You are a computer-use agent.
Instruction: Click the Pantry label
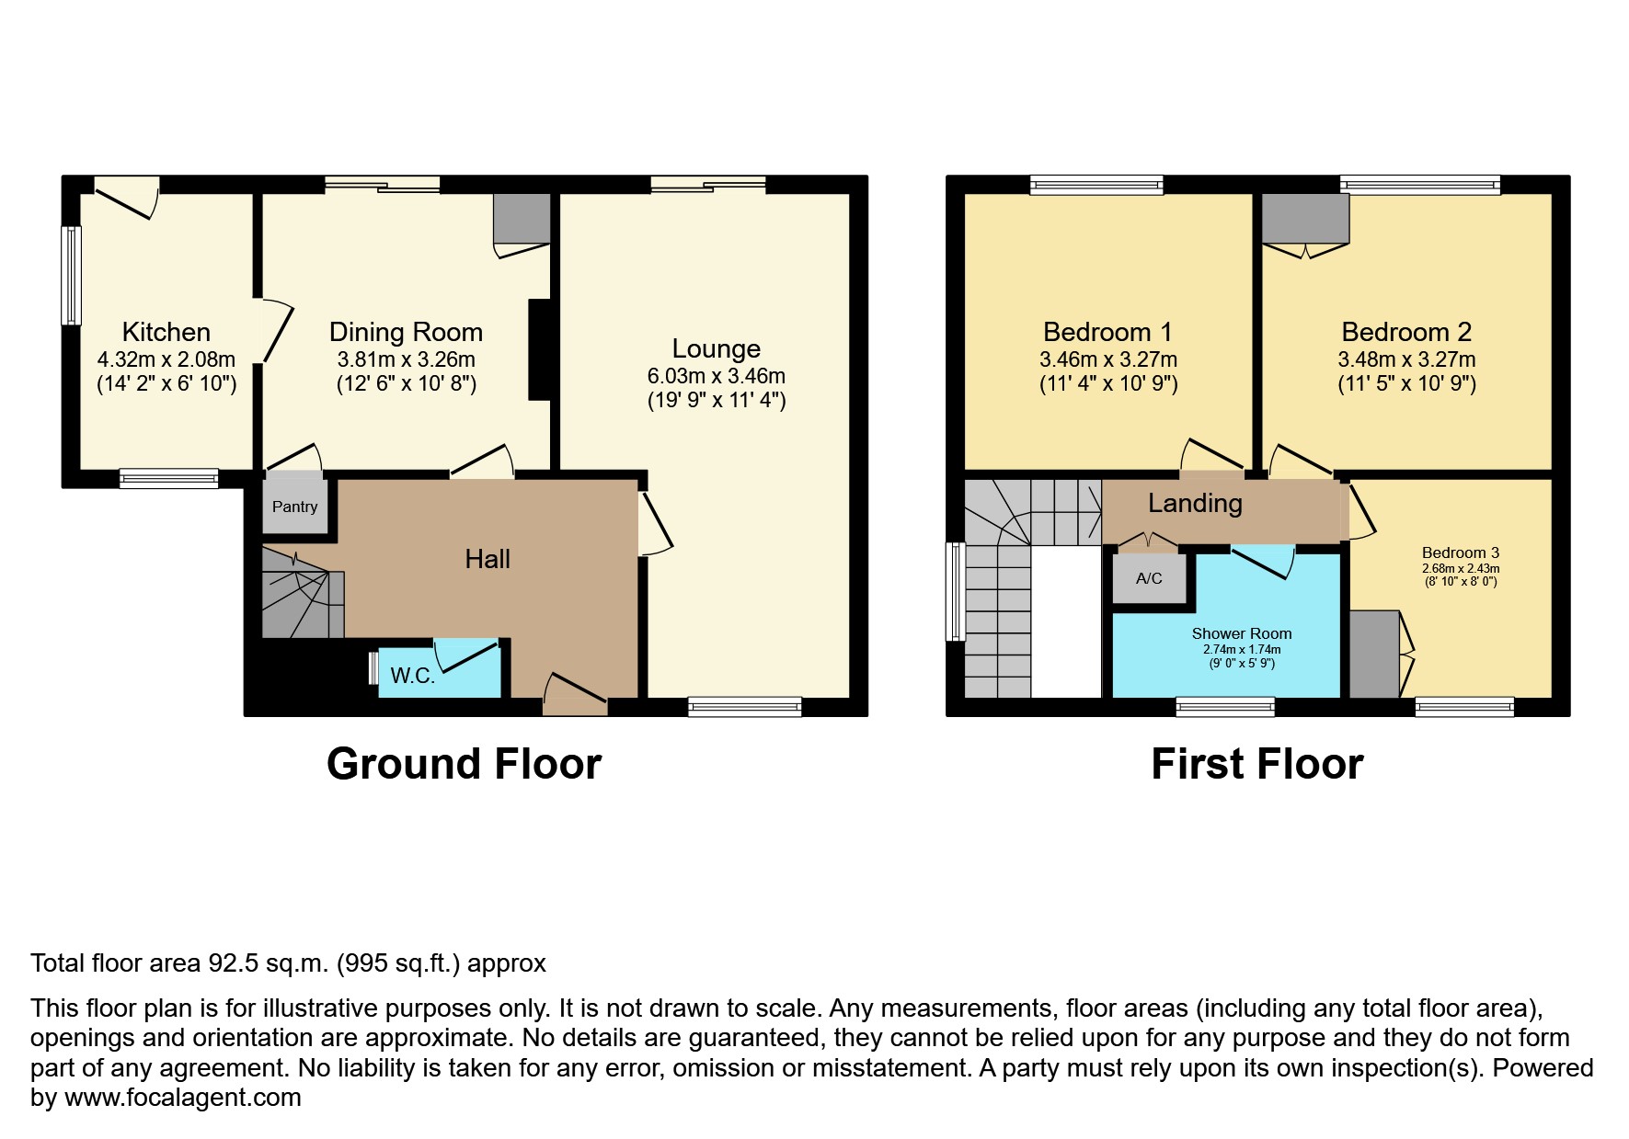point(294,507)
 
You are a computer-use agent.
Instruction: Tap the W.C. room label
point(412,676)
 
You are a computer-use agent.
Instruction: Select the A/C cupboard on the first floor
point(1149,578)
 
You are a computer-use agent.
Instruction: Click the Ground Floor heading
point(464,764)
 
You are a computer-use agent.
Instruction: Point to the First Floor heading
point(1257,764)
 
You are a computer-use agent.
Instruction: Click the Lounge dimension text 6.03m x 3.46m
point(717,376)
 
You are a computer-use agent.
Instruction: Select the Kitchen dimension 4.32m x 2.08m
point(166,359)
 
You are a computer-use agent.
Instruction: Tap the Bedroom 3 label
point(1461,552)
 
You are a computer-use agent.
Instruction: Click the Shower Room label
point(1242,633)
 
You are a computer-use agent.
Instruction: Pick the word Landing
point(1195,503)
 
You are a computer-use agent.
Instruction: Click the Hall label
point(488,559)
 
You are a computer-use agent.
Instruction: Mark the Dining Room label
point(406,332)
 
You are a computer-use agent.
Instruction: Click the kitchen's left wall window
point(71,275)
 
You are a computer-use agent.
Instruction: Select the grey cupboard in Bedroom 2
point(1305,218)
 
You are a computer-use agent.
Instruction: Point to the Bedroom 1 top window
point(1096,185)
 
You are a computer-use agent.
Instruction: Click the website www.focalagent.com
point(183,1098)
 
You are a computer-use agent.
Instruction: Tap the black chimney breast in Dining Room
point(540,349)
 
